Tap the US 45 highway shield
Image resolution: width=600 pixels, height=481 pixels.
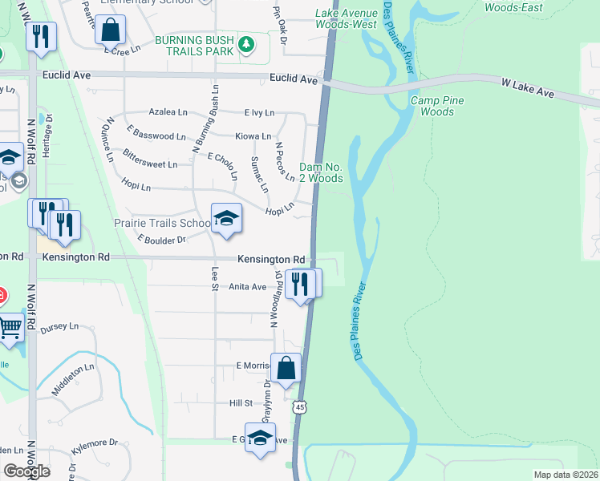click(x=298, y=407)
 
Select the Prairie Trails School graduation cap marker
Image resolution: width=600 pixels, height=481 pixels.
click(x=226, y=219)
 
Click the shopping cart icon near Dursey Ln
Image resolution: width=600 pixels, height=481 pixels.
click(x=10, y=327)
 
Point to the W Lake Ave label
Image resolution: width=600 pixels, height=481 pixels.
click(x=528, y=88)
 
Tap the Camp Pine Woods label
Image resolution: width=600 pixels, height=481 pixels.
click(x=432, y=106)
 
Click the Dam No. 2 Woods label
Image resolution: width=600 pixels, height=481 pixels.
click(x=321, y=172)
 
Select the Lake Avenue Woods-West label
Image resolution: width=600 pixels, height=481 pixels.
click(x=346, y=19)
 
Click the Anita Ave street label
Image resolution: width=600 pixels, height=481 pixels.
click(x=247, y=286)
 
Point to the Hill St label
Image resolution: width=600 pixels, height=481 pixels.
click(x=241, y=403)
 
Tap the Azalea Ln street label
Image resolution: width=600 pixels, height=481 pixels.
click(x=168, y=113)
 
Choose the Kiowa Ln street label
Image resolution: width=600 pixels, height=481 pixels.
click(x=253, y=136)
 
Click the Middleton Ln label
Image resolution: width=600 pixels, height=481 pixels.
click(x=73, y=377)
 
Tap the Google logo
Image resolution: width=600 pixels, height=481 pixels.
click(x=26, y=471)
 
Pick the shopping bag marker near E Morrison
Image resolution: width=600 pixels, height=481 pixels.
click(x=286, y=369)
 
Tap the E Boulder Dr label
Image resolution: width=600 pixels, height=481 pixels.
click(x=161, y=239)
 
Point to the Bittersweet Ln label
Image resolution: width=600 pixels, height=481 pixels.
click(x=150, y=164)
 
